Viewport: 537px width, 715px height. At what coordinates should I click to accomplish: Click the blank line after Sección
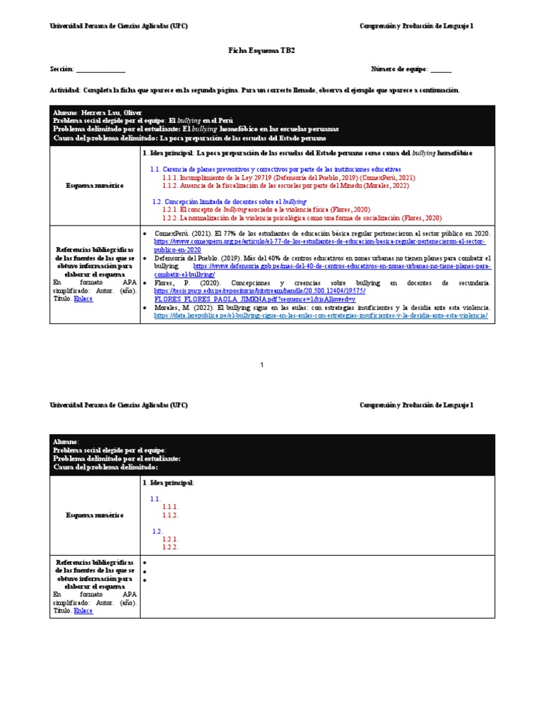(101, 69)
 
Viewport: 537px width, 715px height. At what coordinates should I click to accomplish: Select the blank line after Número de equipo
(441, 69)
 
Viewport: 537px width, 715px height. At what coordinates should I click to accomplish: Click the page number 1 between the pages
(262, 365)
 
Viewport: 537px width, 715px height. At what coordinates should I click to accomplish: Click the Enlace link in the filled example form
(83, 298)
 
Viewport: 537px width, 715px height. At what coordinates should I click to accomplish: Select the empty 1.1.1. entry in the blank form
(171, 507)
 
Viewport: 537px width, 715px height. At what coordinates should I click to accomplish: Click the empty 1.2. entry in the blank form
(157, 531)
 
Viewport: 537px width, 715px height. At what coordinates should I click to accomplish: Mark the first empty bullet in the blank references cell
(144, 562)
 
